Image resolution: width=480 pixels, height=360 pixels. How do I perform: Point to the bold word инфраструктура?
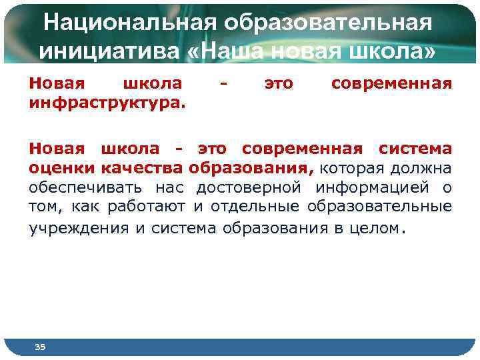pos(107,105)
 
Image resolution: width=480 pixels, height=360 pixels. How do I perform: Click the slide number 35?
pos(40,347)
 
